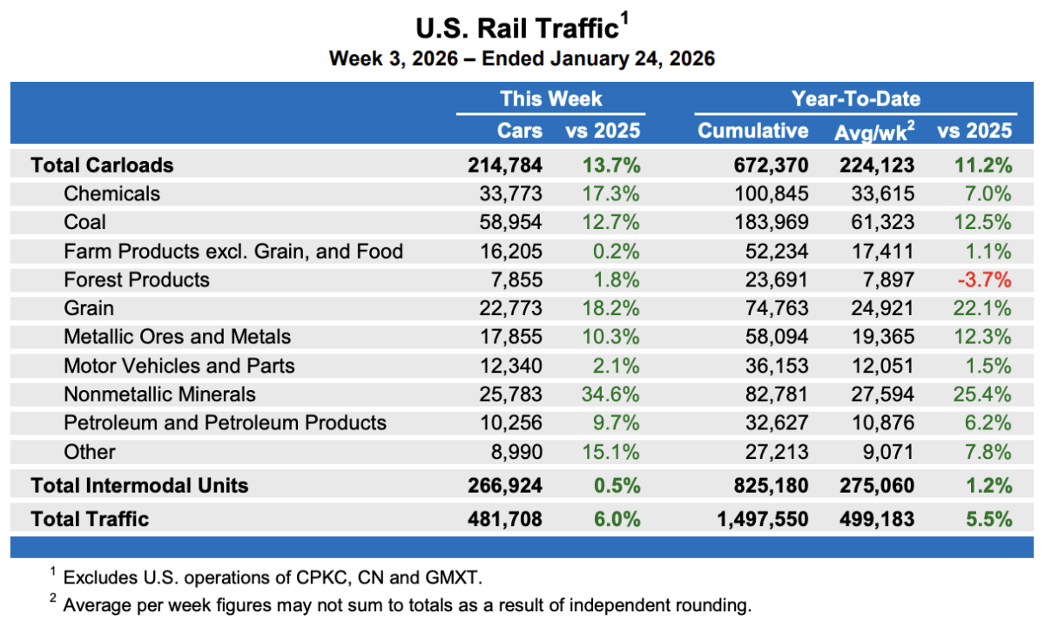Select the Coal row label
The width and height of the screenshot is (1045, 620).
point(85,222)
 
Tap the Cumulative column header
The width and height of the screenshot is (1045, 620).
point(752,131)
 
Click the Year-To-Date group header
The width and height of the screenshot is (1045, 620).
point(855,98)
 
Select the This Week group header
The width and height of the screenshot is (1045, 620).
point(550,98)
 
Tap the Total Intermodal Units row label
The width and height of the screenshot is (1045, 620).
point(139,486)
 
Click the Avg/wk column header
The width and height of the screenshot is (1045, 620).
point(873,131)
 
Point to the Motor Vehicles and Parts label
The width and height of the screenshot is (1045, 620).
point(179,366)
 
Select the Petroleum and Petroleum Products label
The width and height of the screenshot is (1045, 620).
point(225,423)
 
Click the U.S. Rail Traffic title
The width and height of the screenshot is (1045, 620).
point(517,29)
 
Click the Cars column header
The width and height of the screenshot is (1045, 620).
point(519,131)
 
